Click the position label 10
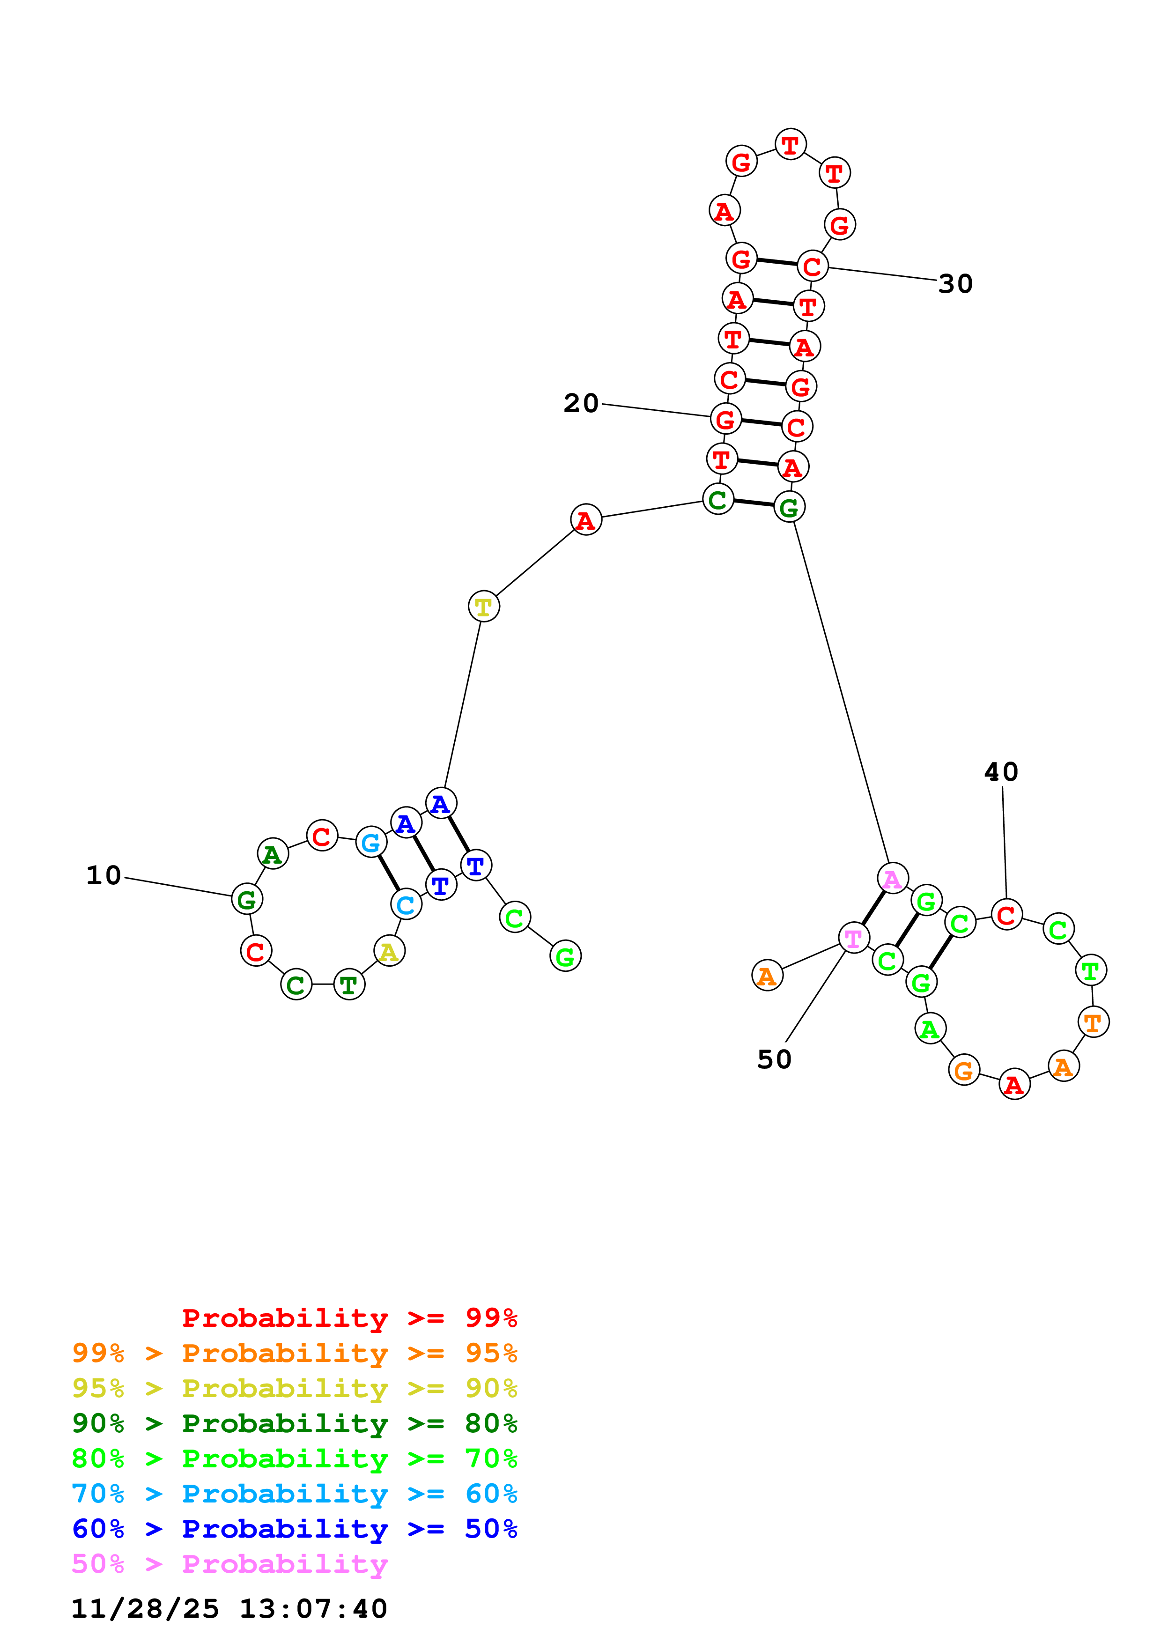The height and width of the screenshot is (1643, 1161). [104, 875]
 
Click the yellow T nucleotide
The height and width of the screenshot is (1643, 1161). [484, 607]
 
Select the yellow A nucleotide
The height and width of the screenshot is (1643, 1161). [389, 951]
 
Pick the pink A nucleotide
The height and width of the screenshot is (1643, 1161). [892, 878]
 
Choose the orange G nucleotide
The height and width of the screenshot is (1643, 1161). [963, 1071]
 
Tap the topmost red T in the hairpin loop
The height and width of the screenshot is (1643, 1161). [790, 145]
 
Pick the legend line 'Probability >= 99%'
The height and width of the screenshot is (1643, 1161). [349, 1318]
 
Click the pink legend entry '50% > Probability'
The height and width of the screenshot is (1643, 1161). [229, 1564]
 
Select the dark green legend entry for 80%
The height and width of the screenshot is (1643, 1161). [294, 1423]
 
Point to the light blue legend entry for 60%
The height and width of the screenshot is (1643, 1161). [294, 1494]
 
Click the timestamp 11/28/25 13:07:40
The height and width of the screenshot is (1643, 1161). [229, 1609]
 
